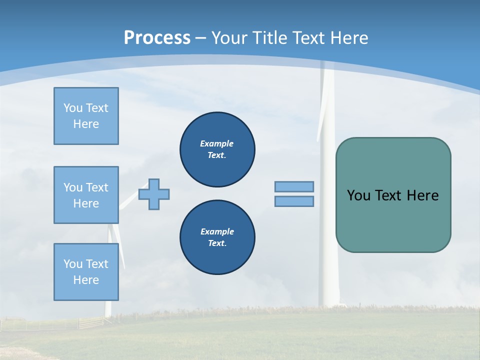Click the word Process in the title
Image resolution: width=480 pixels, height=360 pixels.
pos(157,37)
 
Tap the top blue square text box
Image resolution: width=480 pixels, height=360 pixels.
pos(86,116)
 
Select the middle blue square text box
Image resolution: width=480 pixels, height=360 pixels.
pos(86,195)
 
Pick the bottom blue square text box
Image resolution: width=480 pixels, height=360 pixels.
pos(86,272)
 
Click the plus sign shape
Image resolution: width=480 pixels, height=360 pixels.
pos(154,194)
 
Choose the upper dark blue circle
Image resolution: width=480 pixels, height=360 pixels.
pos(217,149)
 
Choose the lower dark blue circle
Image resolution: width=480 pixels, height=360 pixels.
pos(217,237)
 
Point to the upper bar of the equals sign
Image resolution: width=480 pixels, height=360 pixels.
pos(294,186)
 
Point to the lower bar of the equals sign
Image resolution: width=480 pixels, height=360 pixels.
pos(294,201)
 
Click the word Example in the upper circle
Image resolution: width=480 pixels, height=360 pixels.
pos(216,143)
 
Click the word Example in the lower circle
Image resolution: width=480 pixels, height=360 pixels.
pos(217,231)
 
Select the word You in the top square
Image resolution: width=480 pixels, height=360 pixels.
pos(72,108)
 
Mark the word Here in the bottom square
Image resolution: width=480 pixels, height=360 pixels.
pos(86,280)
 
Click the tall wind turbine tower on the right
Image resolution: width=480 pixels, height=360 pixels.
pos(328,225)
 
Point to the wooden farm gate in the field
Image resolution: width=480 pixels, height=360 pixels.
pos(90,322)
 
